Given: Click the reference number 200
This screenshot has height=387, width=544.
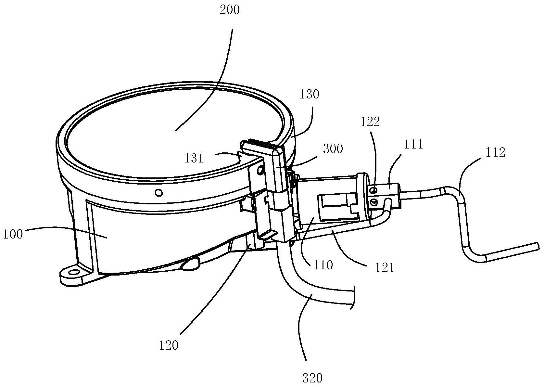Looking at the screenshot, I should tap(229, 10).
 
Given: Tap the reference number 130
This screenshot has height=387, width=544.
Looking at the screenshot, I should tap(310, 94).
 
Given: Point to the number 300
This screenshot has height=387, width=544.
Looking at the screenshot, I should tap(333, 149).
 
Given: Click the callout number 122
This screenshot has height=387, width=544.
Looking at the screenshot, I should tap(370, 122).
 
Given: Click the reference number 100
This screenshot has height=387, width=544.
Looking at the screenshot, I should tap(13, 234).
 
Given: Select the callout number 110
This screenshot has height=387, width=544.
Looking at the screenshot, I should tap(323, 265).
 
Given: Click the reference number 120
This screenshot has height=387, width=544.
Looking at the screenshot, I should tap(169, 345).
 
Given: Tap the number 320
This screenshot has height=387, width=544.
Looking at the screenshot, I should tap(312, 378).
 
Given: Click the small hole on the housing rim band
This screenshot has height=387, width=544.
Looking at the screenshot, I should tap(158, 193).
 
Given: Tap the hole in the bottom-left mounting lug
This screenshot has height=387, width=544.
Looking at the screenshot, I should tap(74, 271).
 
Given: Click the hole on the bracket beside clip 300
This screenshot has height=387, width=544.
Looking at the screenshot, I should tap(260, 170).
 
